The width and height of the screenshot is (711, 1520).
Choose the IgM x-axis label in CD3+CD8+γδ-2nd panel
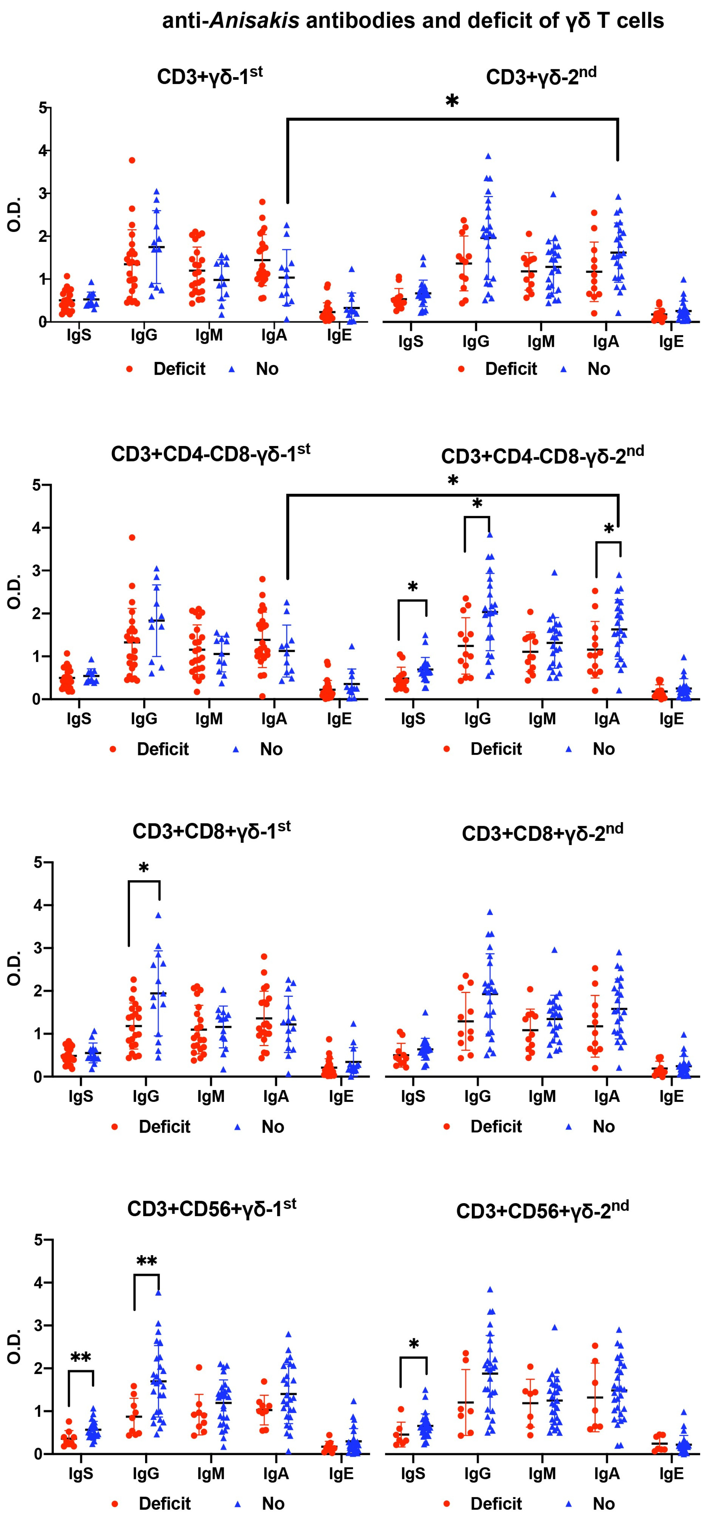tap(542, 1096)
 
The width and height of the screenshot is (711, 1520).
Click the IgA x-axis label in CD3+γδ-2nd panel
tap(606, 342)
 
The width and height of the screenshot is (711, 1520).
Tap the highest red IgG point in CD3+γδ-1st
tap(132, 160)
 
